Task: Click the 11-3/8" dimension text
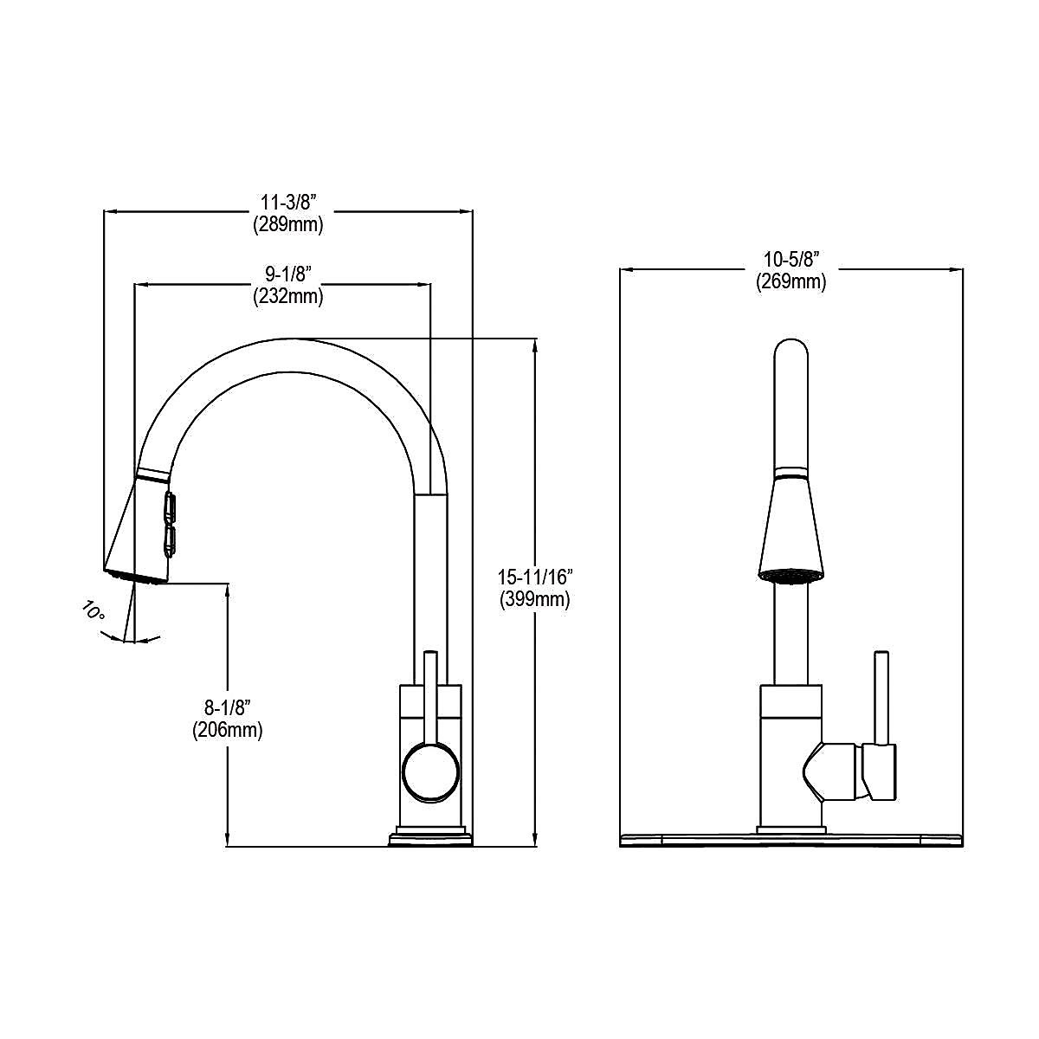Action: tap(288, 203)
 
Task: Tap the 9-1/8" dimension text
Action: tap(288, 274)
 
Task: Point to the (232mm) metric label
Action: tap(288, 296)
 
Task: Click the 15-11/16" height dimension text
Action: tap(534, 577)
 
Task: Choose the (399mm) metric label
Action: tap(534, 599)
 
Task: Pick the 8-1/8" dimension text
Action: tap(227, 707)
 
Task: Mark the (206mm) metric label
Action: tap(227, 730)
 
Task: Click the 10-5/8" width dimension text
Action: tap(791, 259)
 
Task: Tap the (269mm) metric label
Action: tap(791, 281)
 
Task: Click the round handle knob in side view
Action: tap(430, 771)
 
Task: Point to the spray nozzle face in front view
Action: tap(791, 573)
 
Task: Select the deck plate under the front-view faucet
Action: tap(791, 840)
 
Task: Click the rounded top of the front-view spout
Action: tap(791, 351)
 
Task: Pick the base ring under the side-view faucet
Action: tap(430, 837)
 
